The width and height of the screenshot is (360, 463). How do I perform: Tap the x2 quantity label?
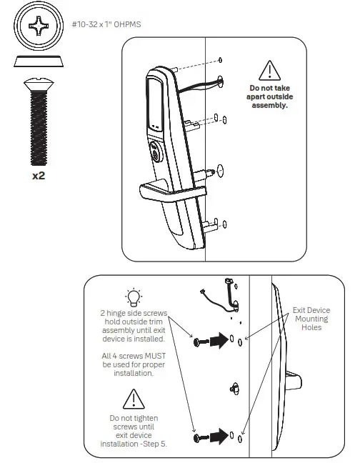tap(39, 175)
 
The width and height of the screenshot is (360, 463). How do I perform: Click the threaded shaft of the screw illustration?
tap(38, 129)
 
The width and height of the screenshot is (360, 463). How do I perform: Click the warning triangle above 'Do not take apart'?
tap(269, 70)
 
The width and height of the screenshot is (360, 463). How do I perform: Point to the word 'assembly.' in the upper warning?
tap(269, 105)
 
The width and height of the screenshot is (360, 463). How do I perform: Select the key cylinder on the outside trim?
tap(156, 153)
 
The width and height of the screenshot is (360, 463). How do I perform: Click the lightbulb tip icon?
tap(133, 298)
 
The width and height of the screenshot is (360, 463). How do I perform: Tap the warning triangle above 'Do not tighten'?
tap(133, 398)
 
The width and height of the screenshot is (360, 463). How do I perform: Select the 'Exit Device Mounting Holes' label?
tap(311, 319)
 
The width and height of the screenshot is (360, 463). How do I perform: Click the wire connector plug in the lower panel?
tap(229, 284)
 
